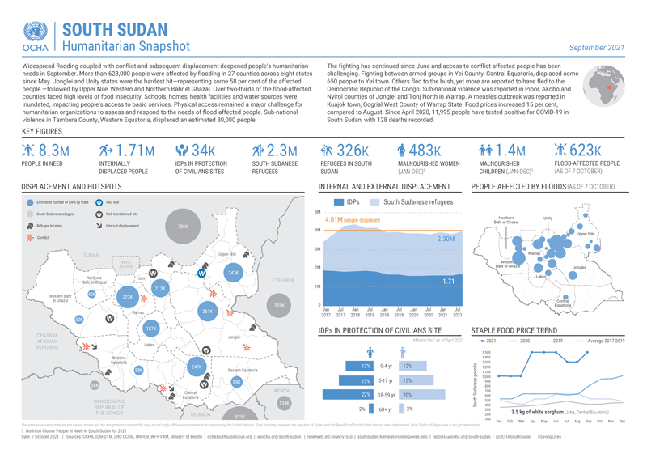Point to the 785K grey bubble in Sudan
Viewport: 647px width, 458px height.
point(182,227)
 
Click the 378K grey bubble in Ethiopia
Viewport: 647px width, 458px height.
point(280,306)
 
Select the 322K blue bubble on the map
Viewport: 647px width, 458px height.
point(127,298)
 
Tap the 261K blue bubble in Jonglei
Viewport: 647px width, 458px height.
point(207,311)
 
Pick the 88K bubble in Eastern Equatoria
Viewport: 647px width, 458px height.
point(236,381)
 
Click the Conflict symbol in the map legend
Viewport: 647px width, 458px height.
point(31,239)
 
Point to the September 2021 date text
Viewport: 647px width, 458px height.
point(597,48)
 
